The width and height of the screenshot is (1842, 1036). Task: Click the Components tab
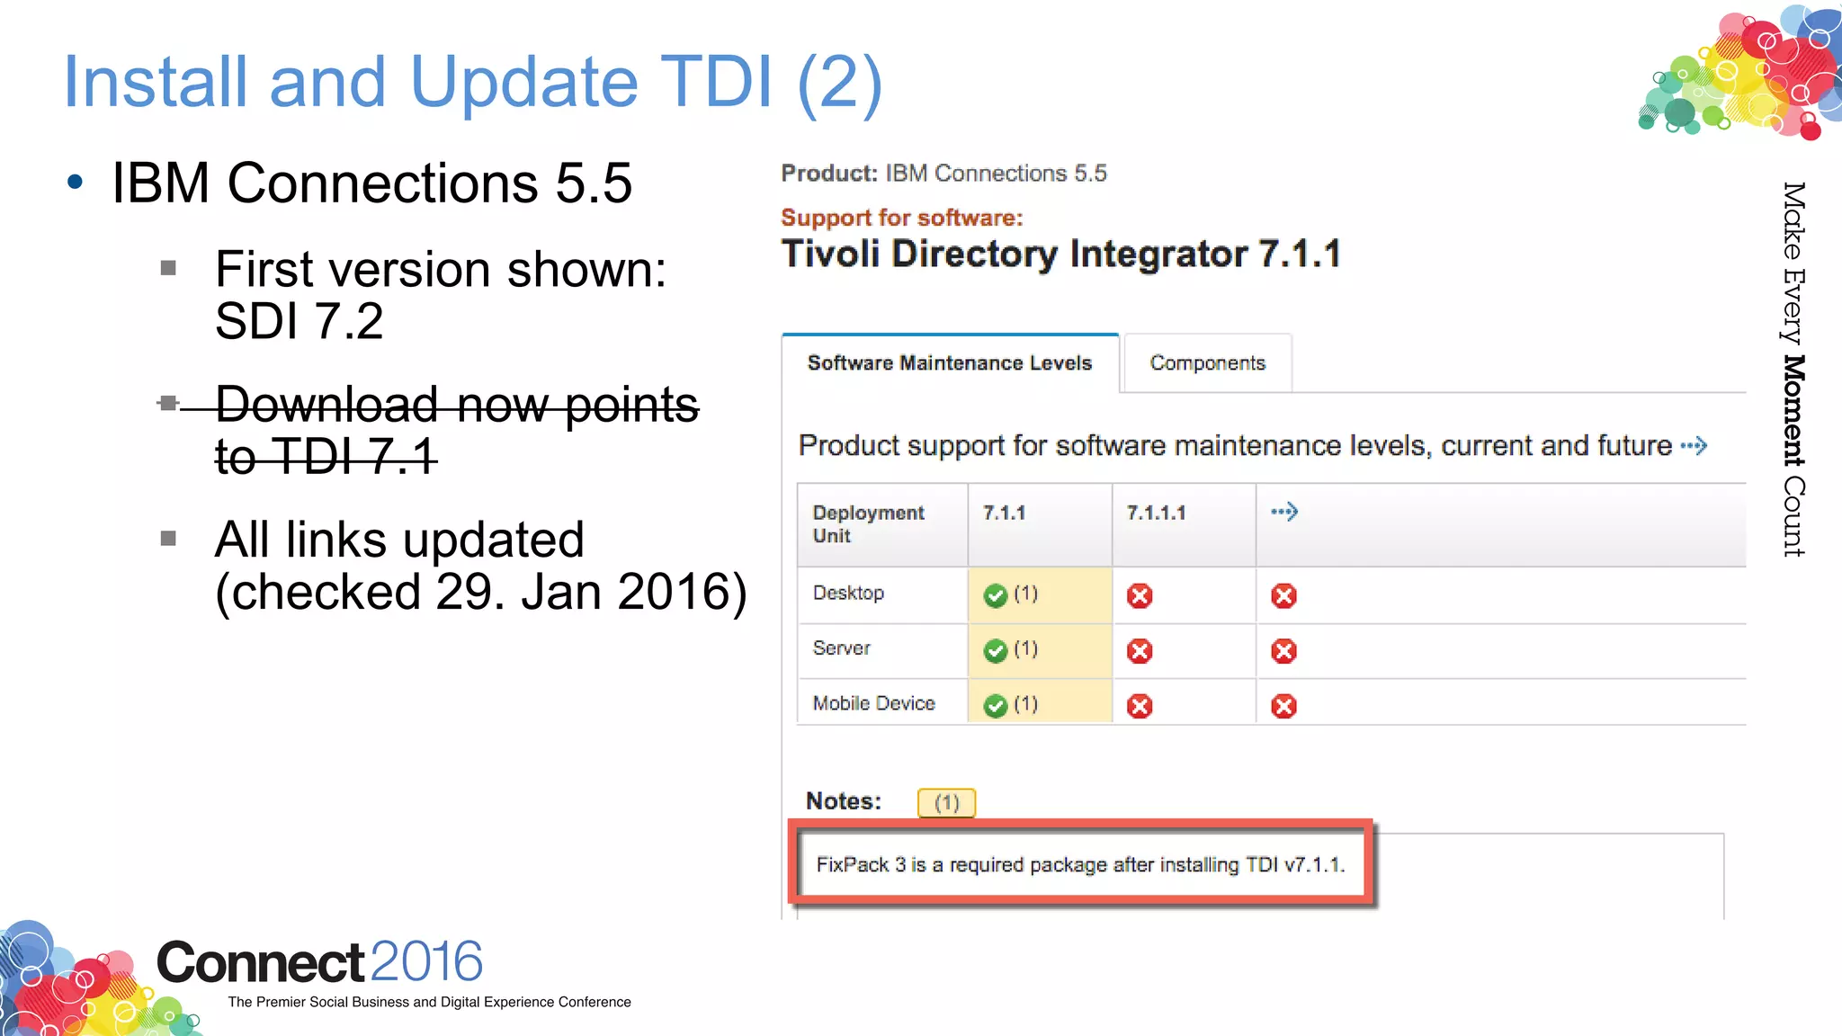[x=1207, y=363]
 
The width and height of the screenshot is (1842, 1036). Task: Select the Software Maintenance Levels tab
[x=949, y=363]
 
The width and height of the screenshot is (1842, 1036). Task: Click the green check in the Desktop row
[x=995, y=595]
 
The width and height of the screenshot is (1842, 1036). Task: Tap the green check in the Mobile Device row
[x=995, y=706]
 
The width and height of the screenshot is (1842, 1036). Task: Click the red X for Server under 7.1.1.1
[x=1140, y=651]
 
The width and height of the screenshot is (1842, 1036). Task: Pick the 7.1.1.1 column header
[x=1156, y=513]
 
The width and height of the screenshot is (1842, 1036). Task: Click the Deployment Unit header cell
[x=868, y=523]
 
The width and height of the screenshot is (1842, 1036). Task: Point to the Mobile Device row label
[x=873, y=703]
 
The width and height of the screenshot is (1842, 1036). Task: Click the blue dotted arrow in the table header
[x=1283, y=512]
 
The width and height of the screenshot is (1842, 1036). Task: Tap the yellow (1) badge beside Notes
[x=946, y=802]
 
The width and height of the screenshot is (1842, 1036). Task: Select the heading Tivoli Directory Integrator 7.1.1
[x=1060, y=255]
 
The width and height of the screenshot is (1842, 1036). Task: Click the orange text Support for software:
[x=901, y=218]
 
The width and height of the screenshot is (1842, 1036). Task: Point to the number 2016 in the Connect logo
[x=426, y=961]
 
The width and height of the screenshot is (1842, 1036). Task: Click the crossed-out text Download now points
[x=457, y=405]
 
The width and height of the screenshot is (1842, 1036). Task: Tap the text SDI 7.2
[x=299, y=321]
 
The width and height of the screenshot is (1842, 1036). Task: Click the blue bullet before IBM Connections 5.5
[x=76, y=183]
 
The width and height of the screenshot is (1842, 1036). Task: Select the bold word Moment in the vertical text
[x=1793, y=411]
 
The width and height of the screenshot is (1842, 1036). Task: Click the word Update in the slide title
[x=524, y=83]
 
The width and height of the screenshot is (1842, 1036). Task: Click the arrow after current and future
[x=1694, y=446]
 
